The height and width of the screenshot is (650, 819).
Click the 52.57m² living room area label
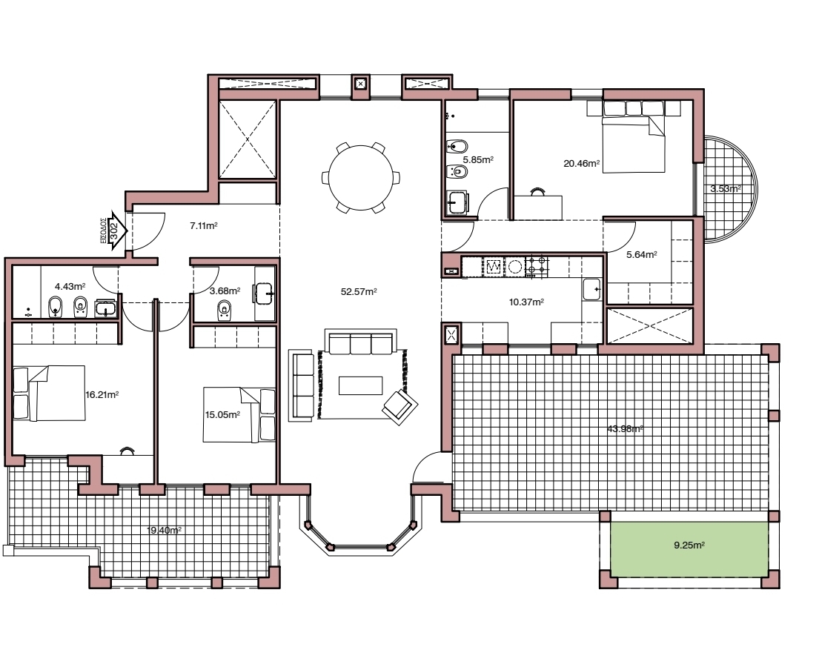359,292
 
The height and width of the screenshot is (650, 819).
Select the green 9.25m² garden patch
689,548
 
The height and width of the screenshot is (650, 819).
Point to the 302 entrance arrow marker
115,231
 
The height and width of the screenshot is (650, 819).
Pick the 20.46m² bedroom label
581,164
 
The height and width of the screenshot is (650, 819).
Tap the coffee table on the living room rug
360,385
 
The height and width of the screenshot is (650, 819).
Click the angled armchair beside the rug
399,405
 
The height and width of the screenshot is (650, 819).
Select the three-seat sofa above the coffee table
360,344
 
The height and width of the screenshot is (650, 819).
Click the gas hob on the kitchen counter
536,266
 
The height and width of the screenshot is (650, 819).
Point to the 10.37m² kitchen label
526,302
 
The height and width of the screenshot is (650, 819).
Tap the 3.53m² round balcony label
724,189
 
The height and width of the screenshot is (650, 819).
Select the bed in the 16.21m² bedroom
49,393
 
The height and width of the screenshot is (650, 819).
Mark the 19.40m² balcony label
165,530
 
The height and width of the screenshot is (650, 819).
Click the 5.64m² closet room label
641,254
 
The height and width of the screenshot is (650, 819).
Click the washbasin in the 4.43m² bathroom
106,306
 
